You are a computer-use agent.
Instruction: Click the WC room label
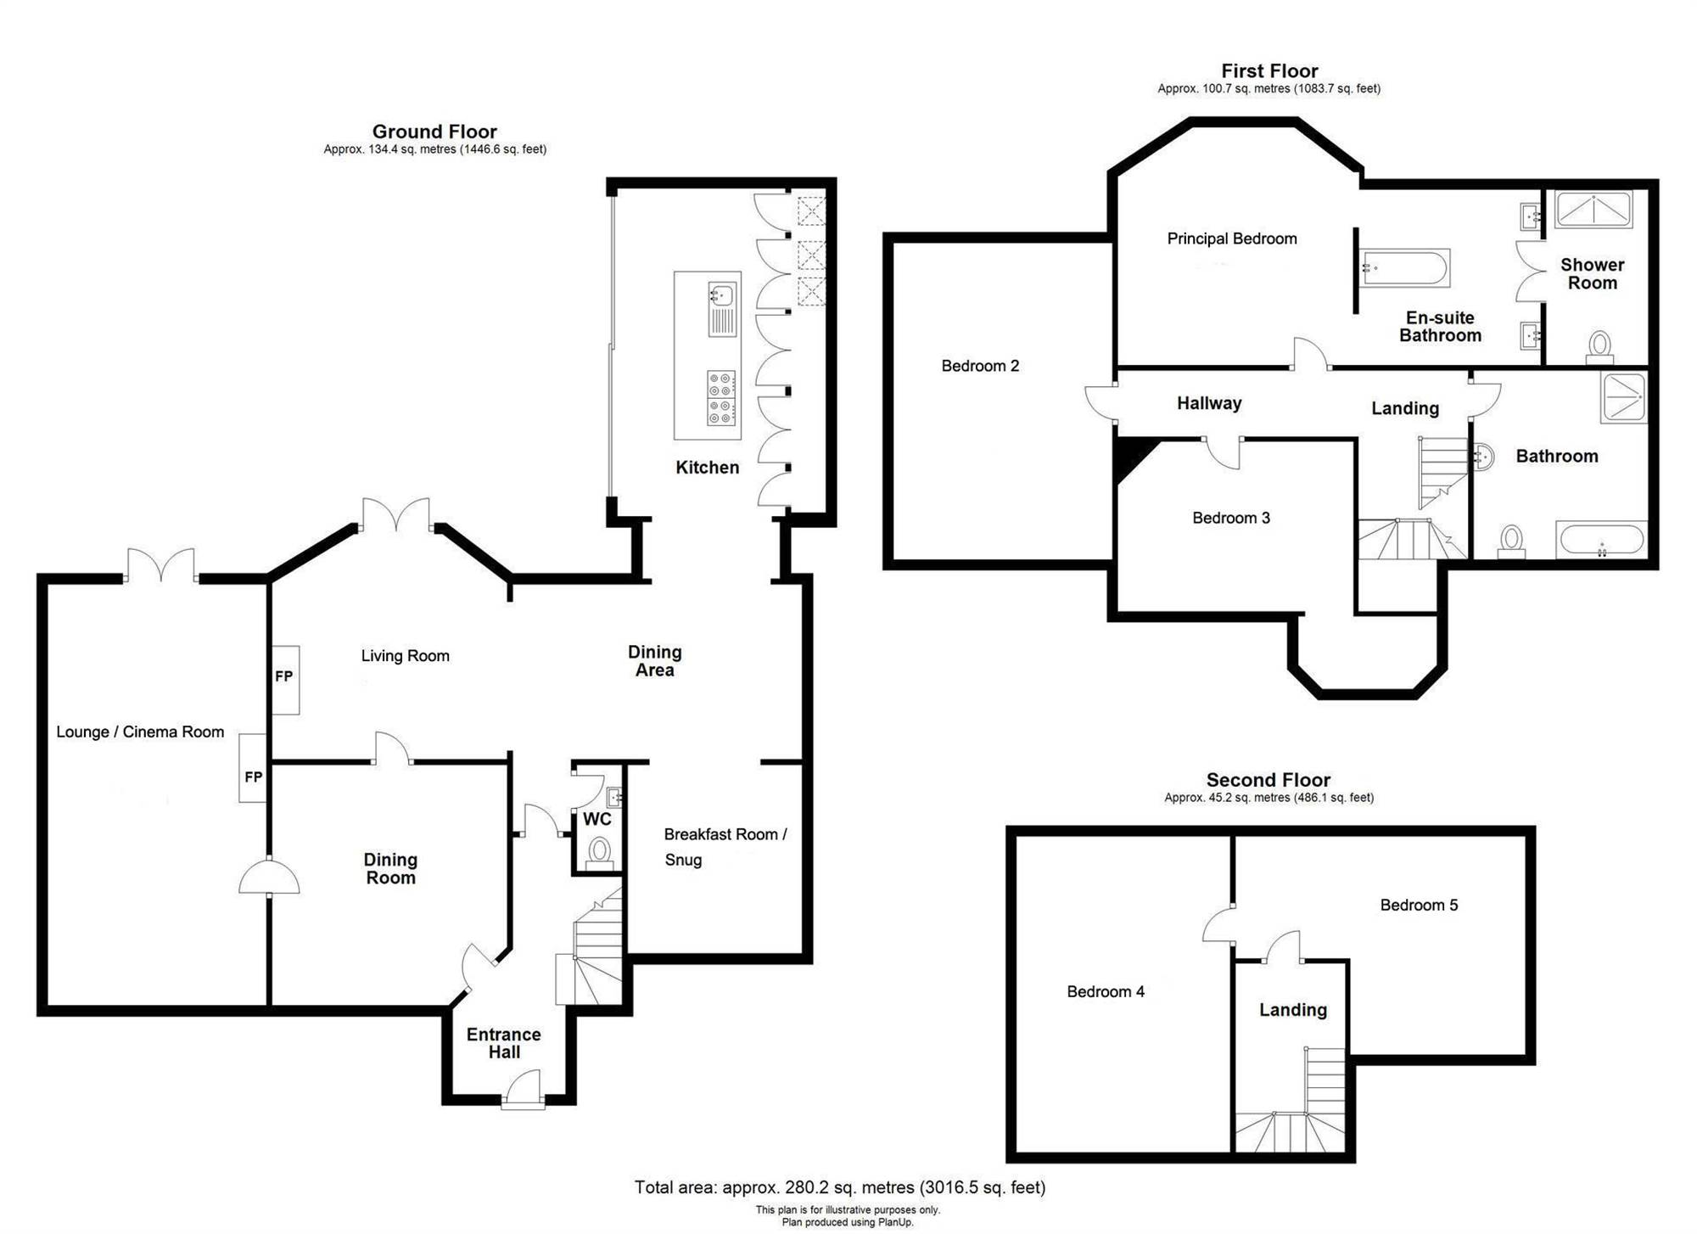597,819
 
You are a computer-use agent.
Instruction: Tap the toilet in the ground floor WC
600,851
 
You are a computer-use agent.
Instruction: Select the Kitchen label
707,468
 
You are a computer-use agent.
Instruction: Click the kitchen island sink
722,295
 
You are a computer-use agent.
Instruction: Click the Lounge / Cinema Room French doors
161,565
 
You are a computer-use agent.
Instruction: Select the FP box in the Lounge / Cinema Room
253,768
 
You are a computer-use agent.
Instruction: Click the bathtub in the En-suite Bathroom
1405,268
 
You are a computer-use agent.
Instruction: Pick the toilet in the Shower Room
1600,346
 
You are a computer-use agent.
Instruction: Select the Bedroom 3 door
1222,452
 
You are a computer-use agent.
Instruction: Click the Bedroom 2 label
980,366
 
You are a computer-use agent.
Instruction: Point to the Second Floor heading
1269,780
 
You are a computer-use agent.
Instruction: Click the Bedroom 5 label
1419,905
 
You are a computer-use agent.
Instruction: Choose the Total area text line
840,1187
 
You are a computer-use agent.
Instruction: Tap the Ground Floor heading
434,132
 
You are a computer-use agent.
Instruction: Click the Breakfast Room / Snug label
725,847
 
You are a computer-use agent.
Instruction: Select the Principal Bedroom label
1232,238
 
